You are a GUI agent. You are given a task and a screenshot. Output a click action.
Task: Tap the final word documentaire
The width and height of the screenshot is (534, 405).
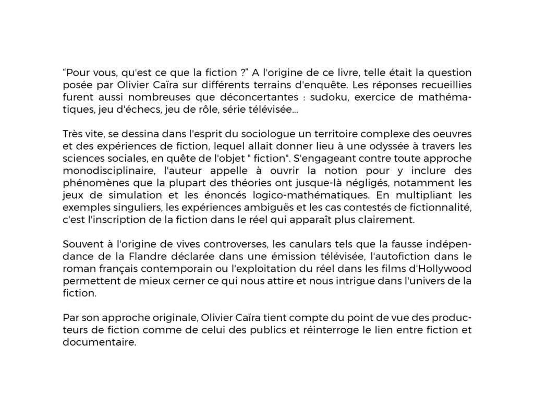[x=99, y=344]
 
